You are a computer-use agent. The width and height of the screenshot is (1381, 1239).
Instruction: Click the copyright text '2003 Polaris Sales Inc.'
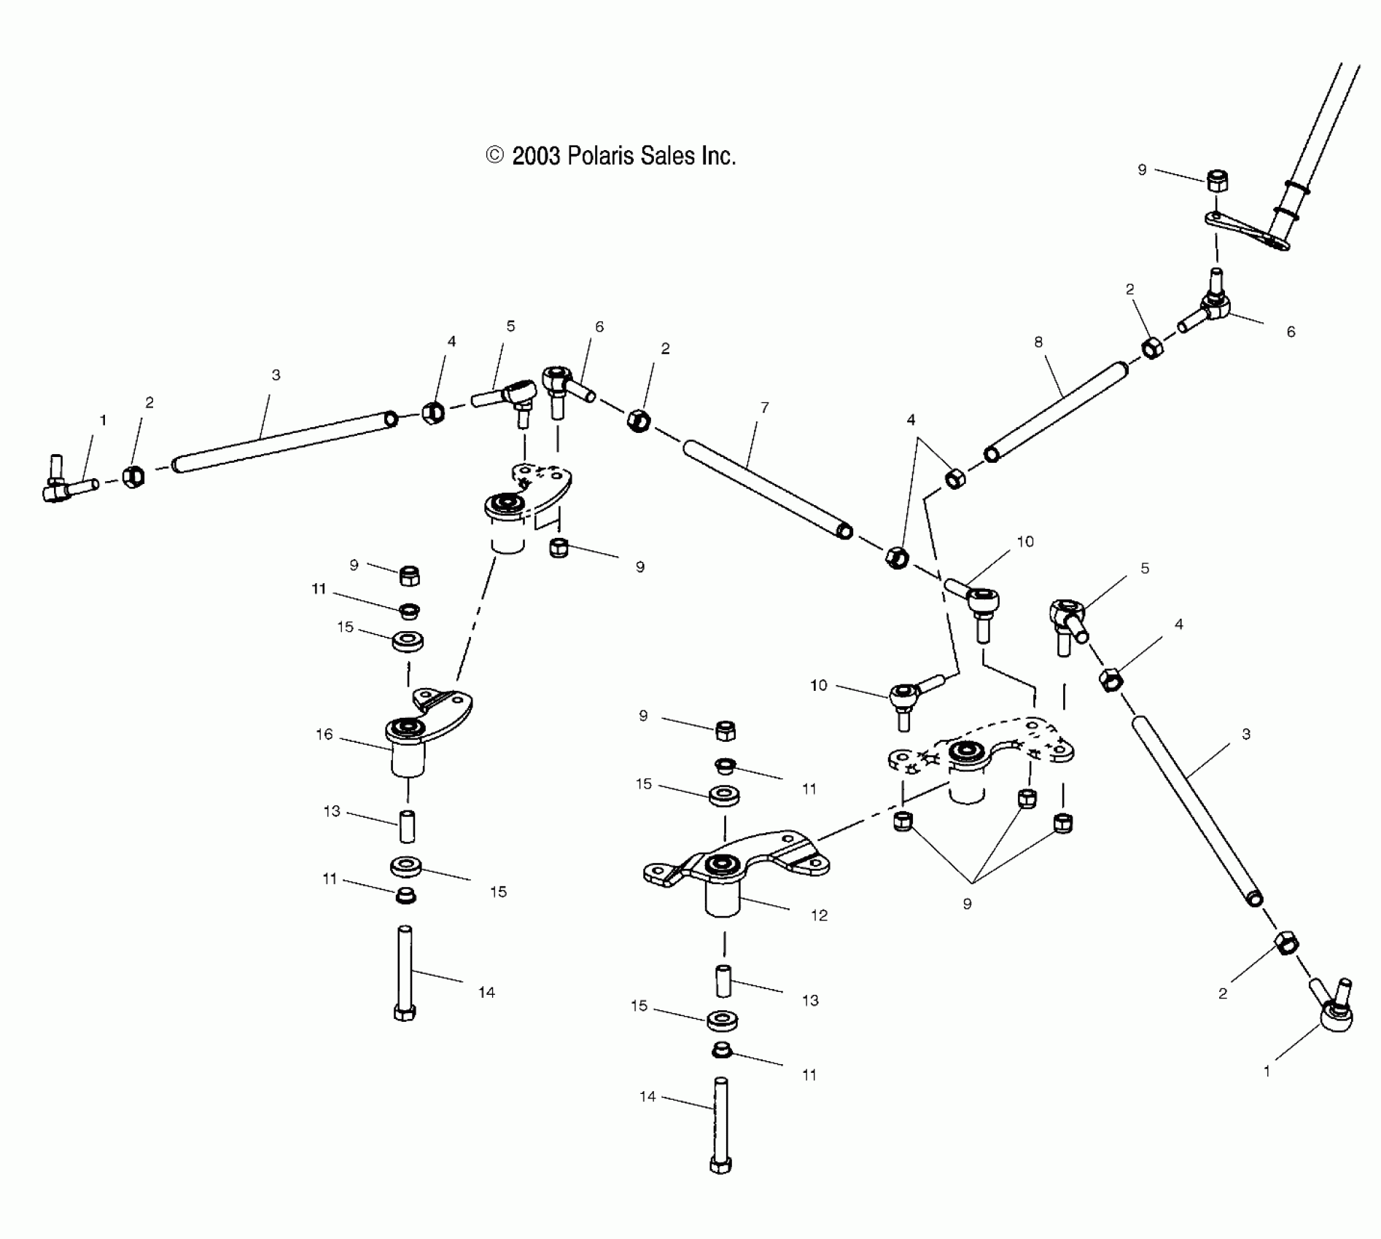point(611,156)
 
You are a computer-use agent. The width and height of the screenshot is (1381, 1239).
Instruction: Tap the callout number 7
point(764,408)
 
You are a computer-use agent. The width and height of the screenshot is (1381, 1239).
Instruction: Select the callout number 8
point(1038,342)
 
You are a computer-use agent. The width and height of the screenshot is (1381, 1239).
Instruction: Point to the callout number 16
point(324,735)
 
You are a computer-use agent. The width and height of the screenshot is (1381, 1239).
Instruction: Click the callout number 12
point(820,915)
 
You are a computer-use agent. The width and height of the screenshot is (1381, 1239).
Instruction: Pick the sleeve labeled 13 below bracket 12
point(722,981)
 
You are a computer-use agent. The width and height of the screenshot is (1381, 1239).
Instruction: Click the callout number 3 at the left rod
point(276,375)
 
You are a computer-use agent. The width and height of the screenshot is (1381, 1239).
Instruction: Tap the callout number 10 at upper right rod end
point(1025,542)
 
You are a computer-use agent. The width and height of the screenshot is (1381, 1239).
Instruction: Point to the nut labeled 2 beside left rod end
point(133,477)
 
